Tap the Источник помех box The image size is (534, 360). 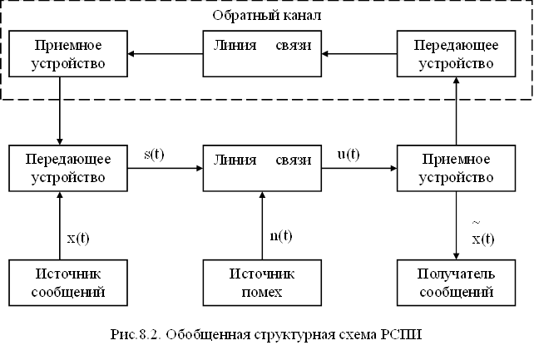262,282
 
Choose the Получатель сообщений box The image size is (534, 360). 457,282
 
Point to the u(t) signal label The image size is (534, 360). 348,154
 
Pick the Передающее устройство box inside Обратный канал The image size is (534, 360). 457,53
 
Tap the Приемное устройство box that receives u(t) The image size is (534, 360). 457,167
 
